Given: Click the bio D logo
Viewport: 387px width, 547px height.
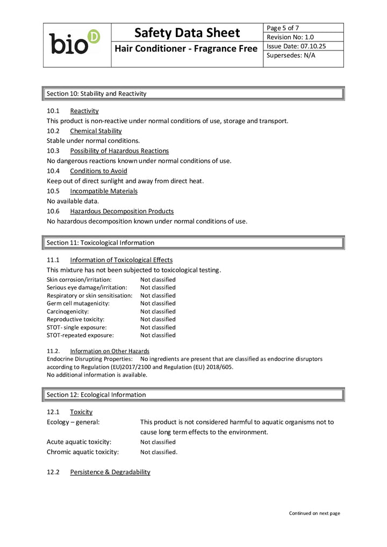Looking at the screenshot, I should pos(75,43).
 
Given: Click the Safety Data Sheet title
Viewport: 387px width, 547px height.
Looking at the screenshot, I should pos(187,33).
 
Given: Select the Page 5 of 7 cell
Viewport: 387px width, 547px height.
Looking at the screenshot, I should pos(283,28).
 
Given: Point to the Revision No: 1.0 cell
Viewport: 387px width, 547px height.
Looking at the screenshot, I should pos(290,37).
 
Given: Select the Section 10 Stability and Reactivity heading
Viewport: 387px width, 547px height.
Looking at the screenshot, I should pos(97,93).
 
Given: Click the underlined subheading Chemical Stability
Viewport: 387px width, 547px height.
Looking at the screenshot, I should pos(96,131).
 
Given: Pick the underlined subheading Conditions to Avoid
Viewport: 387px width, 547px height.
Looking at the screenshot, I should pos(98,171).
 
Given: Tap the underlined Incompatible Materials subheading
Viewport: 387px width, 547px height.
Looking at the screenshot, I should pos(104,191).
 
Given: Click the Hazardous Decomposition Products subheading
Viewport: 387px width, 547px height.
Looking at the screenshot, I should pos(121,211).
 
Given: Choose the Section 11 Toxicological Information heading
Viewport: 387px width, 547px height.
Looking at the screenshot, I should pos(101,243).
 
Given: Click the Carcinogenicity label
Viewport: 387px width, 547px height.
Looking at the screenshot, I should pos(68,312).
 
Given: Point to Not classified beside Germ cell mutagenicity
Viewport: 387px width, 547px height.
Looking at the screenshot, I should pos(158,304).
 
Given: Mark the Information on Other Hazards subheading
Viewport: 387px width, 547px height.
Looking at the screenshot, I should pos(110,351).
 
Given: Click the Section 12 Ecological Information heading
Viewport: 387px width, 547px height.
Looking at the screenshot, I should pos(96,395).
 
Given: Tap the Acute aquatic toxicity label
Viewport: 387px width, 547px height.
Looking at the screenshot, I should pos(79,442).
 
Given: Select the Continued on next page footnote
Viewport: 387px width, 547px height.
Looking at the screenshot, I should pos(314,513).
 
